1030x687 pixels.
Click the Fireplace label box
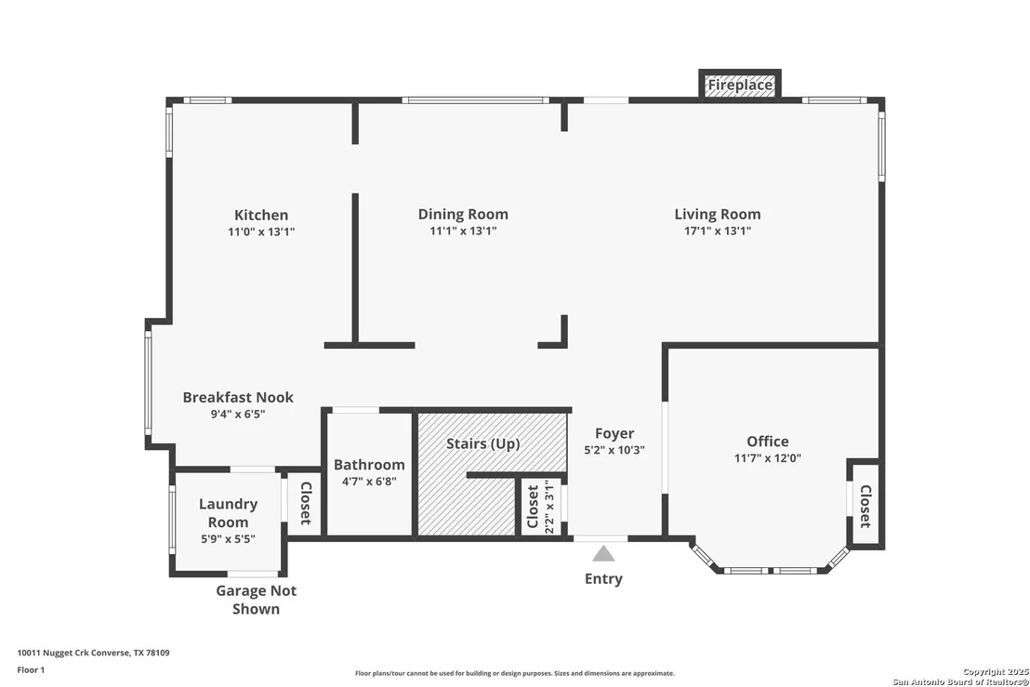pos(740,85)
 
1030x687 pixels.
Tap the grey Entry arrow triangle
pos(603,554)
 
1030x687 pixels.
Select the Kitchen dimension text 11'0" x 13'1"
pos(261,231)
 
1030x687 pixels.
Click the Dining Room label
pos(463,214)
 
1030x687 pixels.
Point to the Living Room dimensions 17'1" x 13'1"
pos(718,231)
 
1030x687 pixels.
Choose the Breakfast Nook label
pos(238,397)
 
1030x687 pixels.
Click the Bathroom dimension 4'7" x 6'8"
pos(369,482)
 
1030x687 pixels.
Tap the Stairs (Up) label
pos(482,444)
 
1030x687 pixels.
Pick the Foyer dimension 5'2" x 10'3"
pos(614,450)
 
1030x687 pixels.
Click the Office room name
pos(767,442)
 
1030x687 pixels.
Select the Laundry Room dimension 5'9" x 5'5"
pos(228,539)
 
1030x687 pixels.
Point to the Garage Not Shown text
pos(257,600)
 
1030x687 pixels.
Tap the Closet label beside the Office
pos(865,507)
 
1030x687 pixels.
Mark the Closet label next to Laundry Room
pos(306,503)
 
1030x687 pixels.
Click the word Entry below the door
pos(603,578)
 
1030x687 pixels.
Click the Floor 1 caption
pos(31,670)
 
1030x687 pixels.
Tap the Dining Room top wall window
pos(476,100)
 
